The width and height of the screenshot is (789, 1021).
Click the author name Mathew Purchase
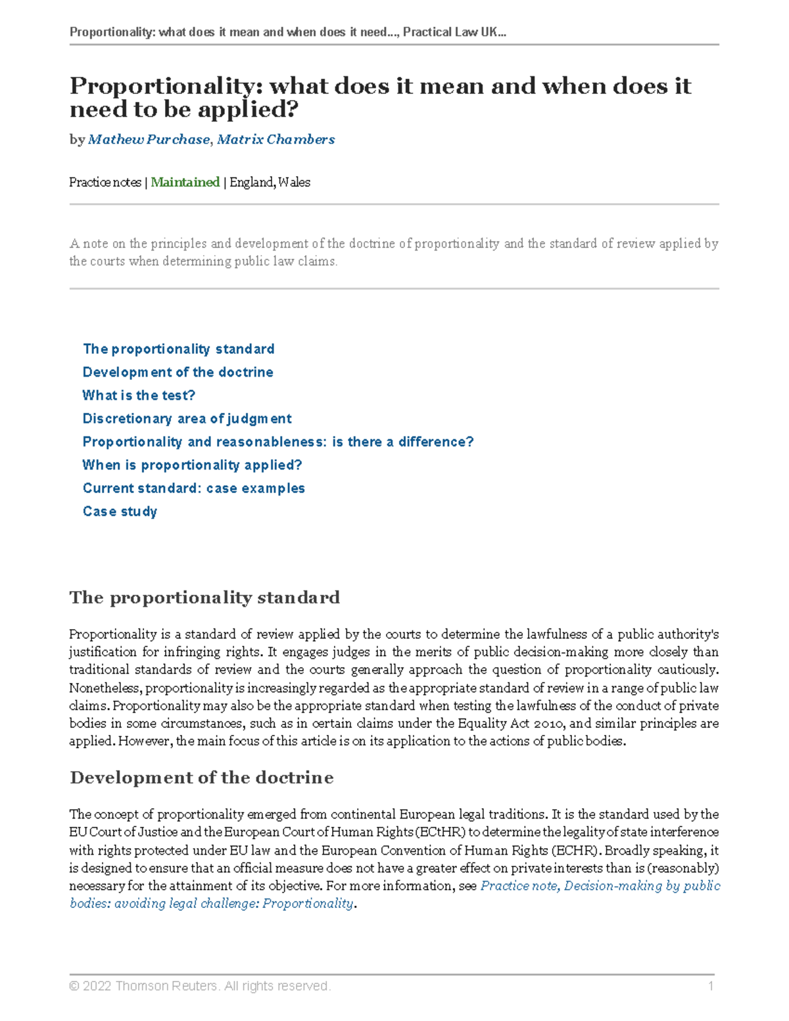149,139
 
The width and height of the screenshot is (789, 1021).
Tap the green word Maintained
185,182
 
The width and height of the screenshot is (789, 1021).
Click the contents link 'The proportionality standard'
178,349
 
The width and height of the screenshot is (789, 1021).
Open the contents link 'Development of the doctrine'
178,372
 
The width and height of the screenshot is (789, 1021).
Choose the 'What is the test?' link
139,395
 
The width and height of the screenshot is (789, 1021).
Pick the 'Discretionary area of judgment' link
187,419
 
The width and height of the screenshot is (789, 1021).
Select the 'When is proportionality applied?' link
192,465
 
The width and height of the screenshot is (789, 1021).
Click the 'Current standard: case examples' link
193,488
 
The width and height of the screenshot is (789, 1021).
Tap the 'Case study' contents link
120,511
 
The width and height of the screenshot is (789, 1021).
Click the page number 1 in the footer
711,986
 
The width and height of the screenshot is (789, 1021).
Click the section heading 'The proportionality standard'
204,598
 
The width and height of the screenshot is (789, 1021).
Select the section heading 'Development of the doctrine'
201,778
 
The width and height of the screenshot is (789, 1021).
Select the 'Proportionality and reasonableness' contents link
277,442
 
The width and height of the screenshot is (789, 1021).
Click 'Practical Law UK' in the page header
454,32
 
